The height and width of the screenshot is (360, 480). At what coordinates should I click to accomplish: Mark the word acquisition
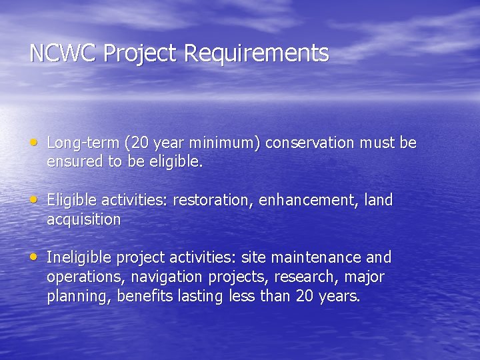pos(83,219)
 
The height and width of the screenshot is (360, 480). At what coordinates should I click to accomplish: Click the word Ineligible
pos(79,257)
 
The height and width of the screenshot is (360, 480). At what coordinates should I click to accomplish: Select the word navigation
pos(167,277)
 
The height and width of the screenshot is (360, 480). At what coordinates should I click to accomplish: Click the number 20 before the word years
pos(304,296)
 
